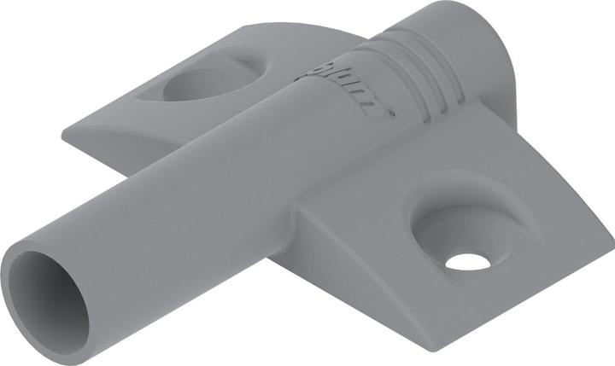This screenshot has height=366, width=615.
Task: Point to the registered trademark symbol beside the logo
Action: (x=390, y=110)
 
